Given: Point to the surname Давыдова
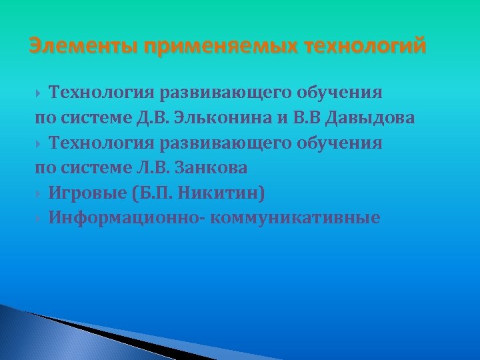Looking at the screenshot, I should (x=369, y=119).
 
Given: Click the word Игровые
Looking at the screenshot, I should (x=87, y=193).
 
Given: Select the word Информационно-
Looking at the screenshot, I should (x=127, y=218).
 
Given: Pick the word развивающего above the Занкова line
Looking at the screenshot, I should (x=219, y=143).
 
